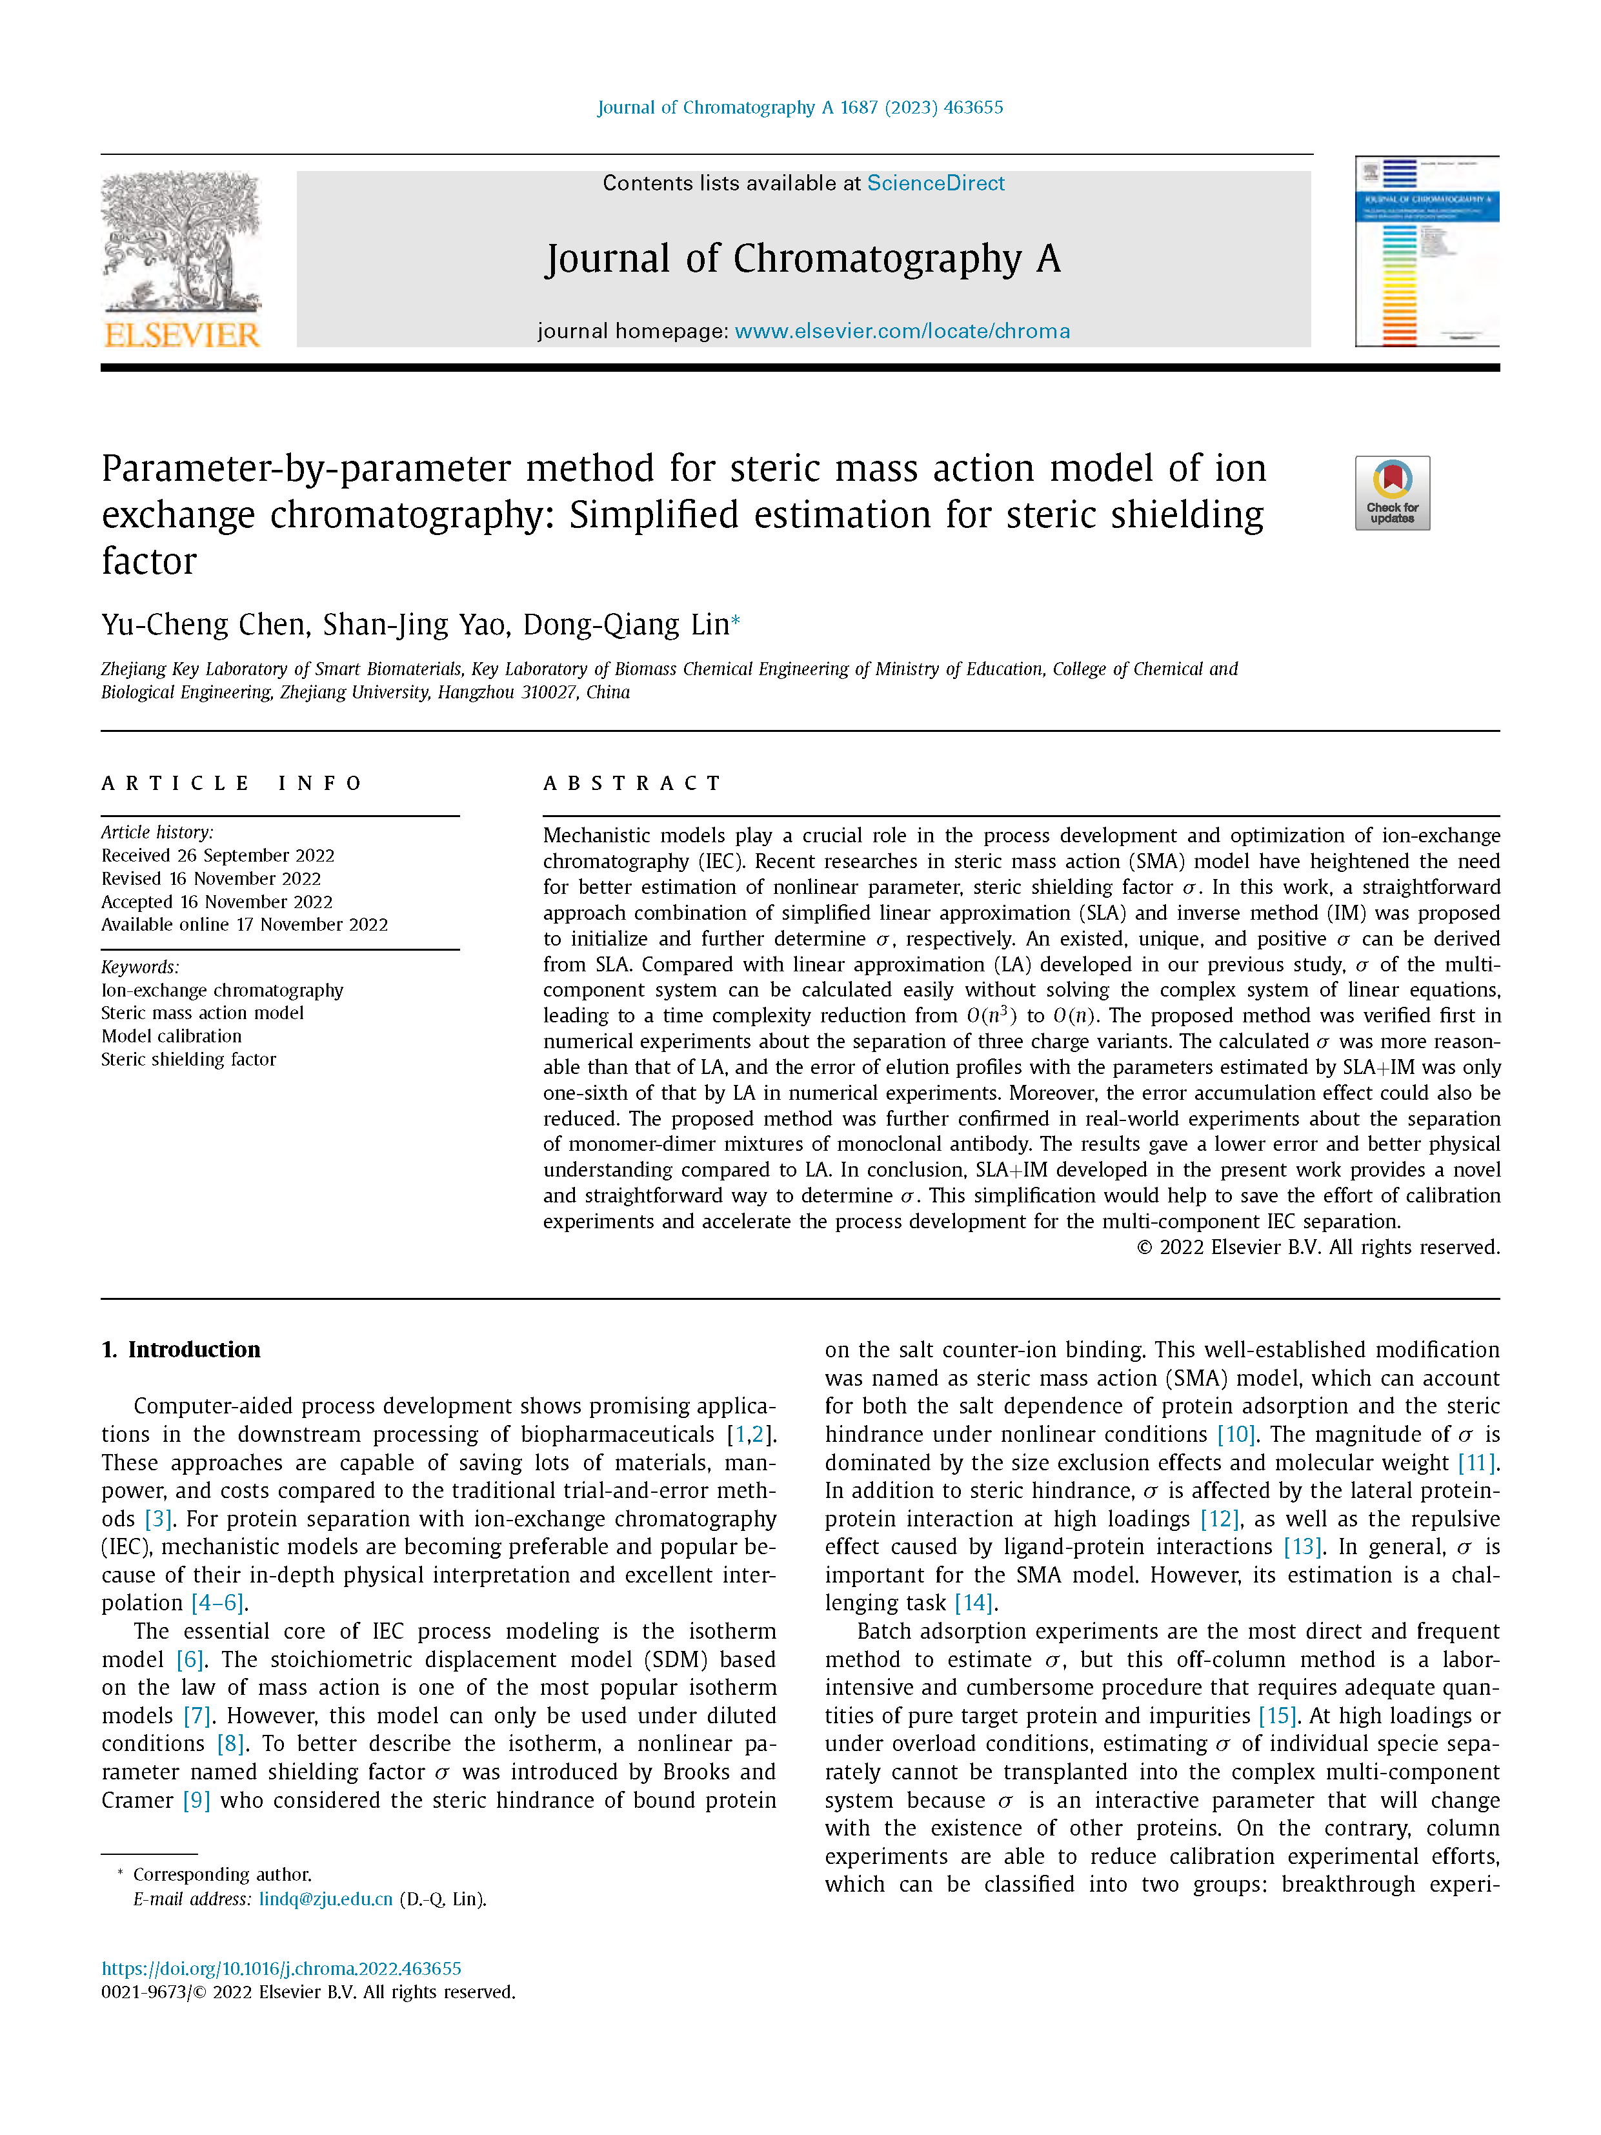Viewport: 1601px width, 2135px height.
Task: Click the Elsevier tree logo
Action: pyautogui.click(x=181, y=241)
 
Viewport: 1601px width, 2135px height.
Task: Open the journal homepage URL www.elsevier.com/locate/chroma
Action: pyautogui.click(x=901, y=331)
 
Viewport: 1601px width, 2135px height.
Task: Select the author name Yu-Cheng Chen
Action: pyautogui.click(x=206, y=625)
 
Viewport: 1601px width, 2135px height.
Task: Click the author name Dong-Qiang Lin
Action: pyautogui.click(x=625, y=625)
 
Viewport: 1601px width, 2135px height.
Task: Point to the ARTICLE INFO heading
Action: pyautogui.click(x=232, y=783)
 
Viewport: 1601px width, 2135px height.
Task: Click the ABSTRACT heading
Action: pyautogui.click(x=632, y=783)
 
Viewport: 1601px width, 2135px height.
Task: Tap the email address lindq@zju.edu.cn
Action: pyautogui.click(x=325, y=1899)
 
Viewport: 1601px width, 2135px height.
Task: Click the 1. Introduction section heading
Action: pyautogui.click(x=181, y=1350)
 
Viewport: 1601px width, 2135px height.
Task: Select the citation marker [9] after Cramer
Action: pyautogui.click(x=196, y=1800)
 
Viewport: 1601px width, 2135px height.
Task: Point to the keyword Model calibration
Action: pyautogui.click(x=172, y=1036)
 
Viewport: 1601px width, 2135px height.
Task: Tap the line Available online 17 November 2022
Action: pyautogui.click(x=244, y=925)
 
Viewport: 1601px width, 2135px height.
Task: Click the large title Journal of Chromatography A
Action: pyautogui.click(x=803, y=259)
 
